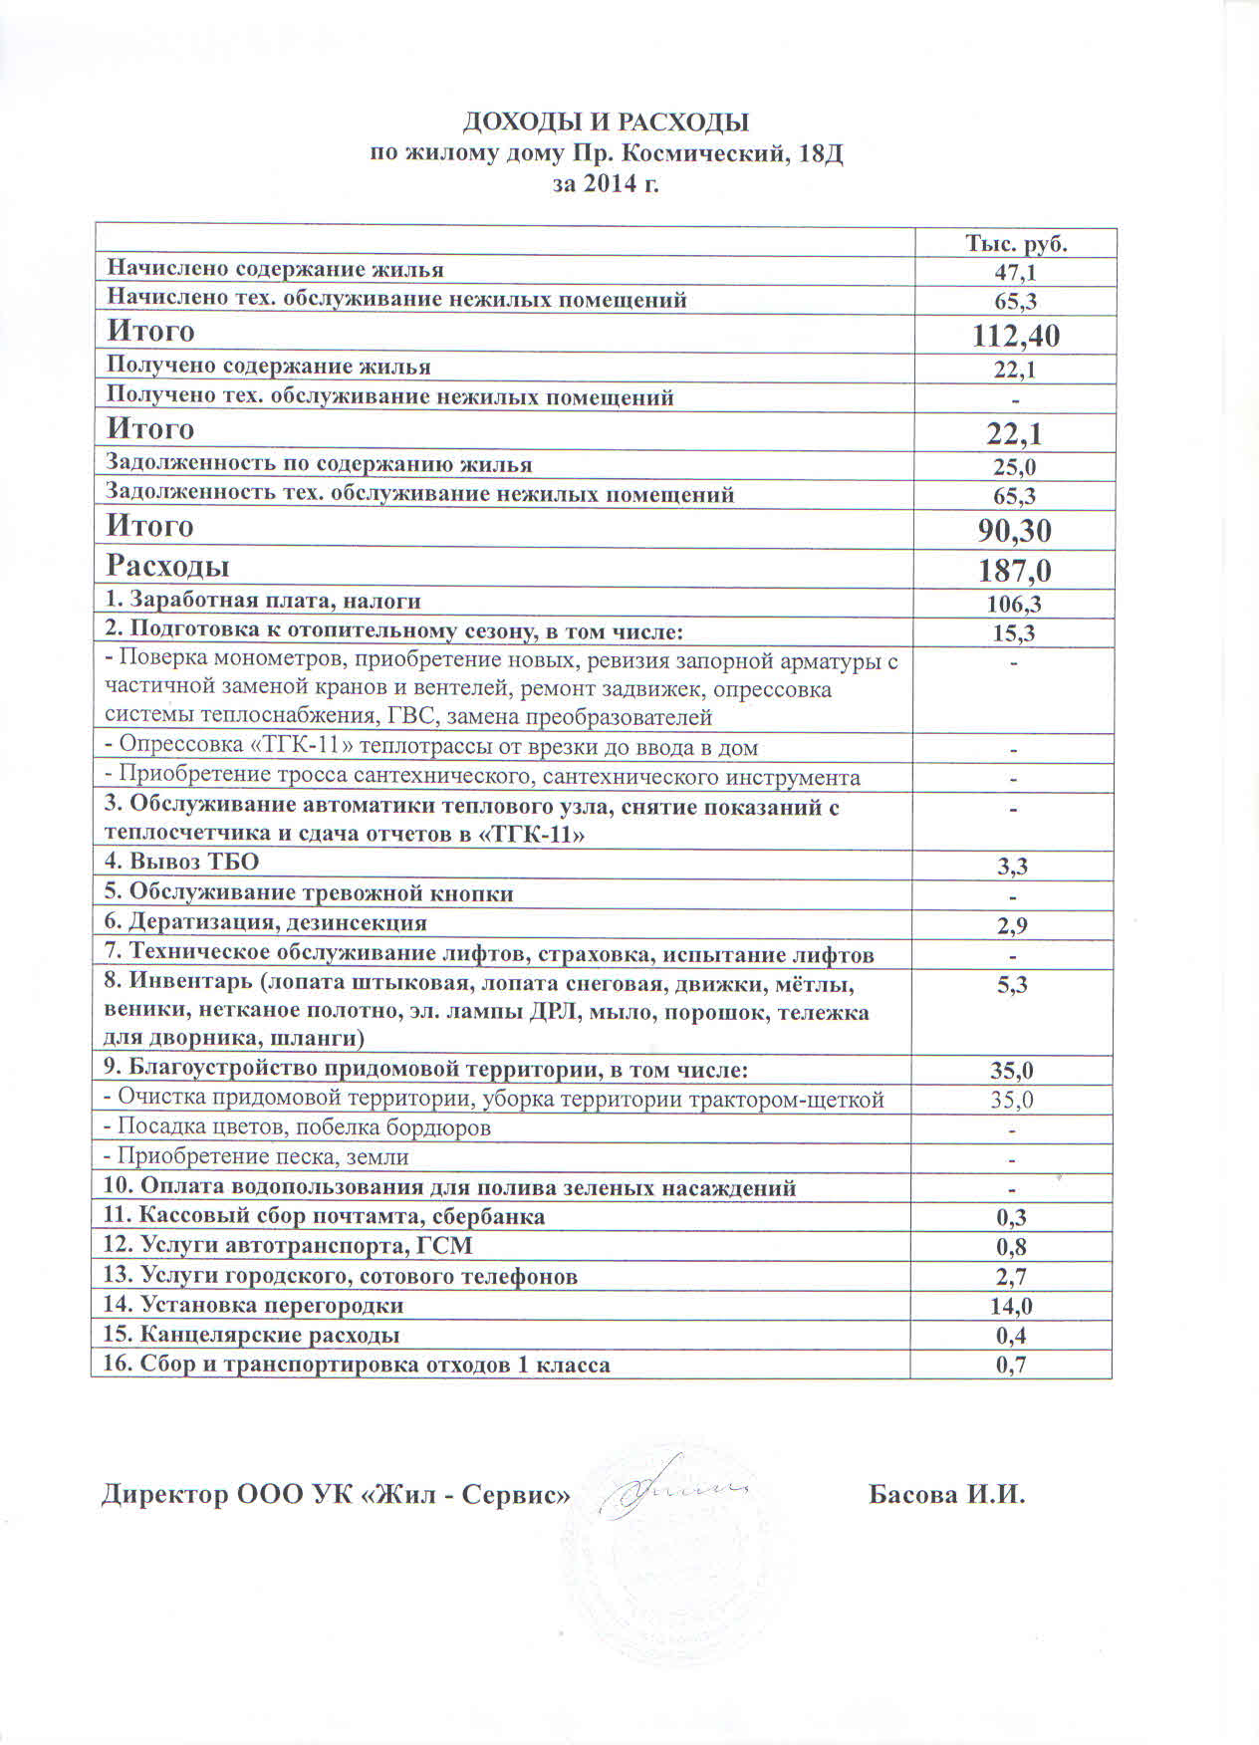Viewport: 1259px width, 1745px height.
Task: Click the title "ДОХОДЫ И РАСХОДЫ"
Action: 606,123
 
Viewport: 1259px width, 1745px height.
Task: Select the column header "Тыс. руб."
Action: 1015,244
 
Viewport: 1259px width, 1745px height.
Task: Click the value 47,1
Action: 1015,272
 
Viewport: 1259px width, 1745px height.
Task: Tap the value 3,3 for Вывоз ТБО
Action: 1013,867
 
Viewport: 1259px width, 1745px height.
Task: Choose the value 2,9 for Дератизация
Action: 1013,925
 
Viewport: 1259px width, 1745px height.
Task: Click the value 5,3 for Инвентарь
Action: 1013,985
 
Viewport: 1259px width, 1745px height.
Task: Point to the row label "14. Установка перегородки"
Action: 254,1305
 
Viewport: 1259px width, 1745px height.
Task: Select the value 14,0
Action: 1012,1306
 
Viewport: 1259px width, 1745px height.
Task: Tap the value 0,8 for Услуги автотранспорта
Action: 1012,1247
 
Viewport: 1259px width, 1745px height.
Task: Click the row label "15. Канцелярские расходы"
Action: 252,1335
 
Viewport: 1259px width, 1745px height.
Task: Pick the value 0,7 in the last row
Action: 1012,1365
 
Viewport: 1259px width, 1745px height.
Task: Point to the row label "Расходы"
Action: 168,566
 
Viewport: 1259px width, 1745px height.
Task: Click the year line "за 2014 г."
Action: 606,184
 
